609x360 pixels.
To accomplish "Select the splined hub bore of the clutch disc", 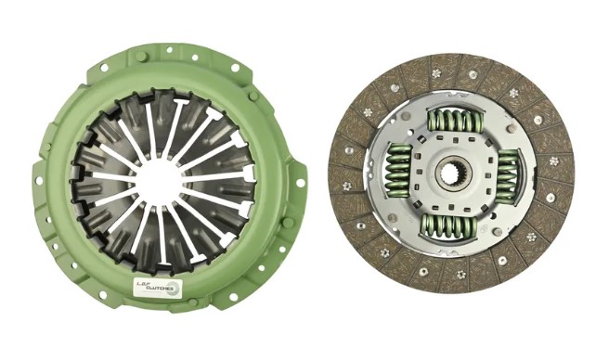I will [452, 174].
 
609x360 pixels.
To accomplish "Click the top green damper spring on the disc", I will [452, 119].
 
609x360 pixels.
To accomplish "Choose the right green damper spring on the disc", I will [507, 174].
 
